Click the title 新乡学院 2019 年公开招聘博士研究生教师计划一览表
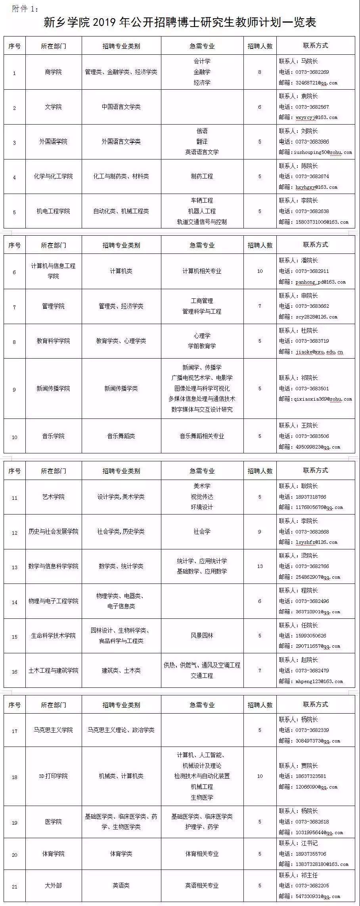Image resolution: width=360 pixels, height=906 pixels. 180,23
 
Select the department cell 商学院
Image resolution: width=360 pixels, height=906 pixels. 53,72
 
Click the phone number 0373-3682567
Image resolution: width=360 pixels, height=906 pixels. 312,107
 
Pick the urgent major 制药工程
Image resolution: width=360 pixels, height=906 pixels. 202,177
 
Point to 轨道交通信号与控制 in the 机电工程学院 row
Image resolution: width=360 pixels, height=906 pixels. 202,222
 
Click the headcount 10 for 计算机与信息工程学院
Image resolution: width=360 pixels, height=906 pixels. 260,271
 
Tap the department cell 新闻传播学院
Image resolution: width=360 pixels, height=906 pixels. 53,389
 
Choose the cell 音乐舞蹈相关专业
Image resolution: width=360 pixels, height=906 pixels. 202,436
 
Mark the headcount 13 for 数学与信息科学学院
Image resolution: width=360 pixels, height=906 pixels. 260,566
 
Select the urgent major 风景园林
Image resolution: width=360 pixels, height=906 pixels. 202,636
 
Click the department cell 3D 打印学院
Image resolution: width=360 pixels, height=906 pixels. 53,776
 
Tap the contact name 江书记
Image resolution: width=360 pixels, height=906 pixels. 309,843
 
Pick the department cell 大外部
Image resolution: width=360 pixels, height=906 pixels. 53,886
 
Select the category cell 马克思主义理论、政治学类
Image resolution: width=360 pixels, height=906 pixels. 121,730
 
